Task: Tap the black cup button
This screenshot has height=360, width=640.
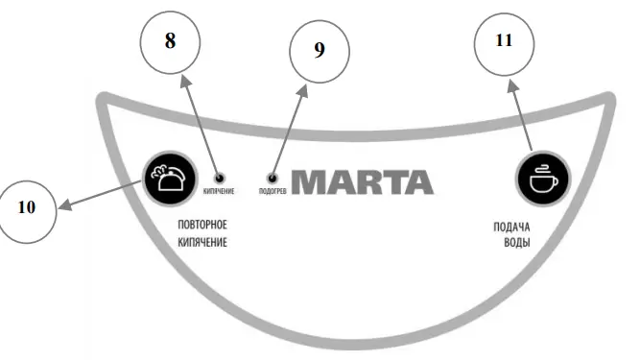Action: tap(542, 178)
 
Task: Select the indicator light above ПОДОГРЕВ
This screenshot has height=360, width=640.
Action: tap(273, 178)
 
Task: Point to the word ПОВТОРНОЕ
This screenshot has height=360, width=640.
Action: tap(206, 226)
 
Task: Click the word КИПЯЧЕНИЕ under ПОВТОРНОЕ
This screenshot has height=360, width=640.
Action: tap(202, 243)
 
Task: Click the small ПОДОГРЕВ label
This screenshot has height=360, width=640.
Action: tap(273, 190)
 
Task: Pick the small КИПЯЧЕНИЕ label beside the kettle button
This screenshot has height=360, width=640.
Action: tap(219, 190)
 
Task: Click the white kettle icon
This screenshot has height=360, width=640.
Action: tap(169, 177)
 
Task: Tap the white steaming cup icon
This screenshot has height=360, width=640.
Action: tap(542, 178)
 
